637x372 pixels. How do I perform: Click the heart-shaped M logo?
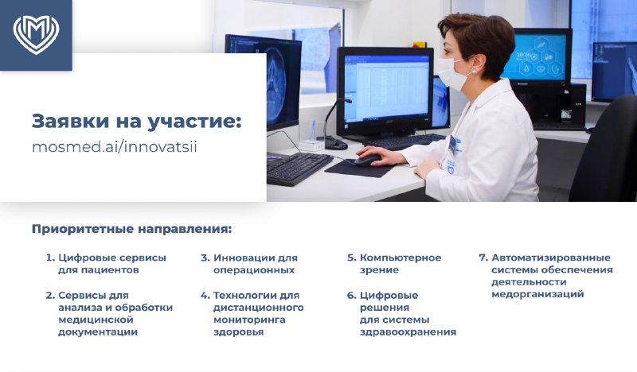36,35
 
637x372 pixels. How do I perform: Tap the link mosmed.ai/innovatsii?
115,146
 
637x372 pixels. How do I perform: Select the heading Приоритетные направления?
132,229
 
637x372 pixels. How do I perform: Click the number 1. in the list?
50,258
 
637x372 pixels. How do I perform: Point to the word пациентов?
99,270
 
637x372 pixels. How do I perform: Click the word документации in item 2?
98,331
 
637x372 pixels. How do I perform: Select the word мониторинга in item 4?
249,320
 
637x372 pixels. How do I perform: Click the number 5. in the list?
351,258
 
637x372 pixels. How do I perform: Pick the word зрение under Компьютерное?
379,270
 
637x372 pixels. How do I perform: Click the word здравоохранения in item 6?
408,332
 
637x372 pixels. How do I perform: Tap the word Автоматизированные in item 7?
551,258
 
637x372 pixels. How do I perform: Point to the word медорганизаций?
537,295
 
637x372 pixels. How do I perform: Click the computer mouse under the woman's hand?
368,161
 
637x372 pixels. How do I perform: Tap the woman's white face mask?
451,73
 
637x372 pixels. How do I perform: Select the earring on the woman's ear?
473,72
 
